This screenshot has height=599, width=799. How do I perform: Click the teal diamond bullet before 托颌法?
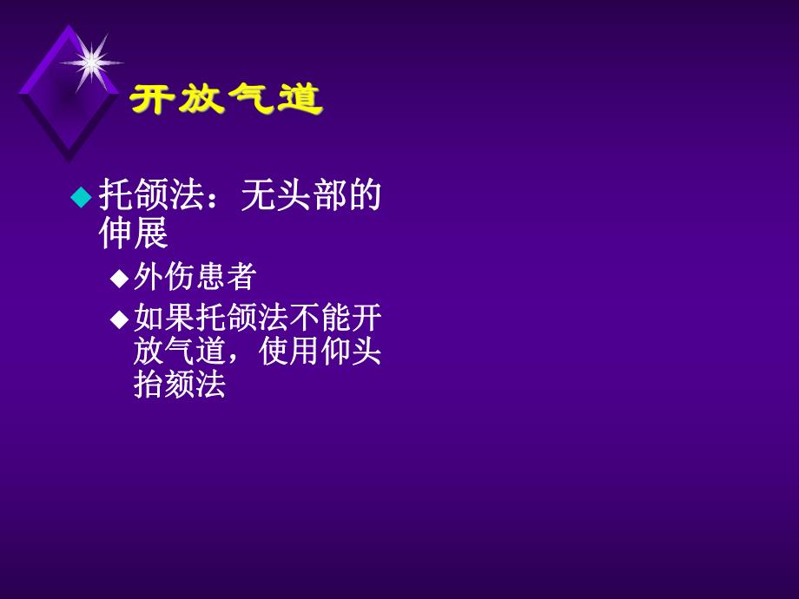[x=80, y=197]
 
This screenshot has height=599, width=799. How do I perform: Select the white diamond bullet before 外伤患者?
[x=119, y=279]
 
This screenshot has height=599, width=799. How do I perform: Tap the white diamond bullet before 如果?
[x=119, y=319]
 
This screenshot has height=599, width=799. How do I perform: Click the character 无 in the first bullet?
[x=257, y=196]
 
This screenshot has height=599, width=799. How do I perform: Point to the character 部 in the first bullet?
[x=328, y=196]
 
